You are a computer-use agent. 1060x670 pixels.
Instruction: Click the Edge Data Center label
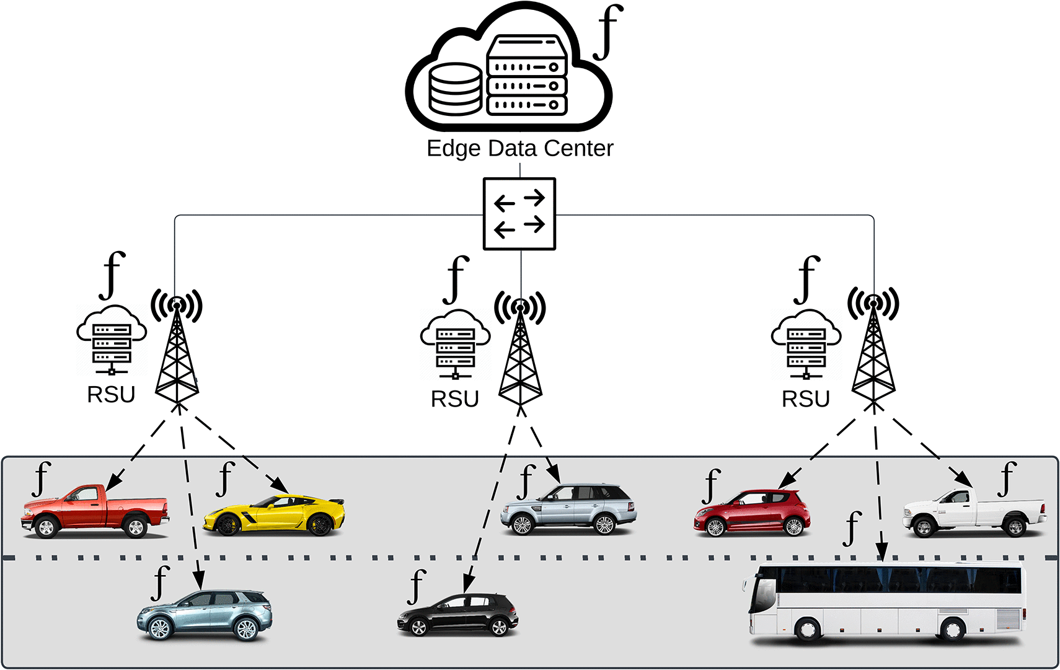pos(519,149)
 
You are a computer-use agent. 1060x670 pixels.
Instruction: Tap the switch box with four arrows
pos(519,214)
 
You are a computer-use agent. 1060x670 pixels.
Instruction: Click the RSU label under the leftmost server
pos(111,395)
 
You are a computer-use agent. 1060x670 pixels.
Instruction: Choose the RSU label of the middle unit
pos(455,399)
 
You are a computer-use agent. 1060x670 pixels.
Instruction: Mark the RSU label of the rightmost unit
pos(805,399)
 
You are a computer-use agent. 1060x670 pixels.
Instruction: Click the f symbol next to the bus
pos(853,529)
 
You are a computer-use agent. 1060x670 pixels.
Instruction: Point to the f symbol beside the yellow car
pos(226,478)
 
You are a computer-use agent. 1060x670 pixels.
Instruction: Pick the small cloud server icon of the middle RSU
pos(456,344)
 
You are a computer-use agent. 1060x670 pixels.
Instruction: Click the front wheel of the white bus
pos(808,630)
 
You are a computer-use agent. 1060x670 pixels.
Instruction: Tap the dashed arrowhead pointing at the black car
pos(469,584)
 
